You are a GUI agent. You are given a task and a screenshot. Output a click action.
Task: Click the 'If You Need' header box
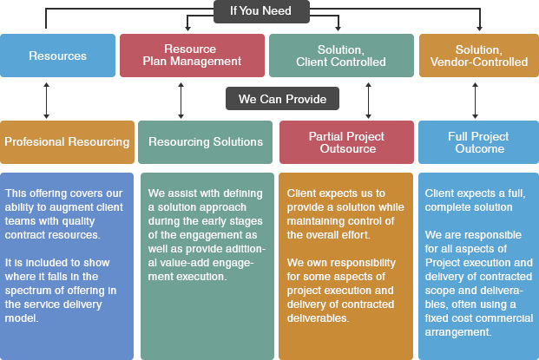point(261,11)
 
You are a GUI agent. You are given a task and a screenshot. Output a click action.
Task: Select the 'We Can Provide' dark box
point(282,99)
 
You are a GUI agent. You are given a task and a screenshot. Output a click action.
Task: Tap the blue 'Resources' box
point(58,56)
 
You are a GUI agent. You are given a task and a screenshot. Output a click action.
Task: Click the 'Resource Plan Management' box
point(192,56)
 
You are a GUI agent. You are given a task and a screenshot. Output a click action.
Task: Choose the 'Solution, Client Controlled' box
point(341,56)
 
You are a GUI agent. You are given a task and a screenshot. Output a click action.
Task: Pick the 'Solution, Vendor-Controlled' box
point(479,56)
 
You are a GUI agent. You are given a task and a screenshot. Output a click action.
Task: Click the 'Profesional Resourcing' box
point(67,142)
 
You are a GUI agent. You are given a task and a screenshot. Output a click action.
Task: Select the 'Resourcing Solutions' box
point(205,142)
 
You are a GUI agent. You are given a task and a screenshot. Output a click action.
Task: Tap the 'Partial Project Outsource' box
point(346,142)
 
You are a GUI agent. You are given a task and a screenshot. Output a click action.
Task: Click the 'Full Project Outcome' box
point(478,142)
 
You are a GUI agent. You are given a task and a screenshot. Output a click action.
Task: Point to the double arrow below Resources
point(46,101)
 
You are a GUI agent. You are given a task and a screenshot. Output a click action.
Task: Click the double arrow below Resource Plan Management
point(181,101)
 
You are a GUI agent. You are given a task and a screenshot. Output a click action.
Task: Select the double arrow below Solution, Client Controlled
point(369,101)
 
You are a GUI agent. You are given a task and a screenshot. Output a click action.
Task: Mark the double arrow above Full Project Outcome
point(475,101)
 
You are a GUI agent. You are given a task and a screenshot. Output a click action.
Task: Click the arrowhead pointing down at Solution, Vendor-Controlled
point(479,29)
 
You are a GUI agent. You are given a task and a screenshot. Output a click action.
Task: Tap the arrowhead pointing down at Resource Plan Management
point(187,29)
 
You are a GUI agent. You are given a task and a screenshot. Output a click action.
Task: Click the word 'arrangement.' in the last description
point(458,332)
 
